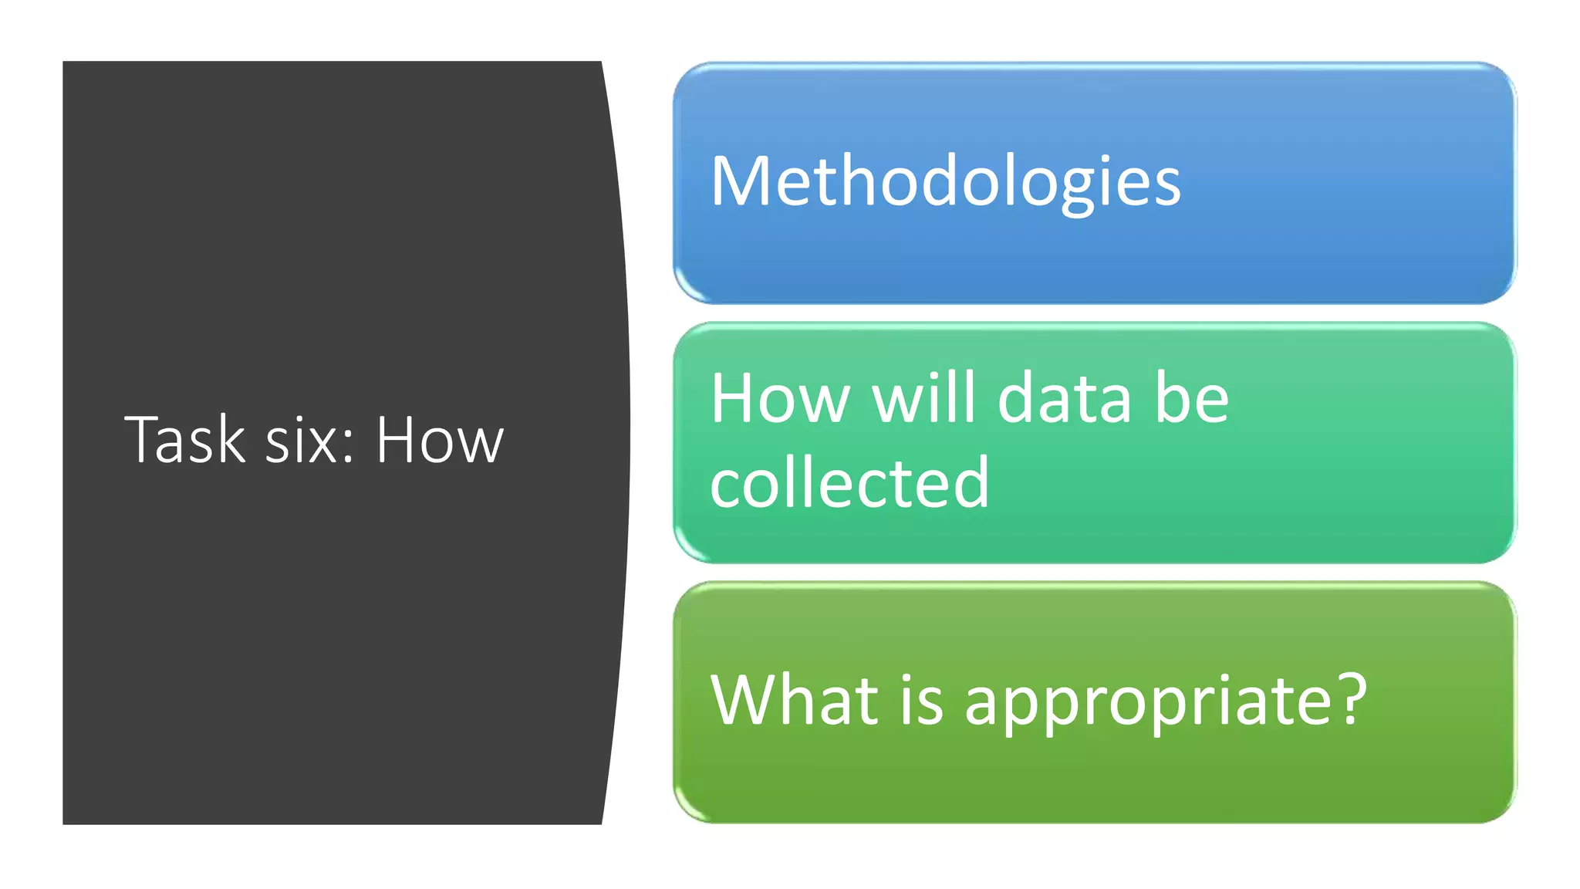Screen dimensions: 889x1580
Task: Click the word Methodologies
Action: pyautogui.click(x=945, y=182)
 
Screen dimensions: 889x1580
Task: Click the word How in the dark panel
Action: pyautogui.click(x=440, y=440)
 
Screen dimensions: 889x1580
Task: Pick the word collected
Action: pyautogui.click(x=849, y=483)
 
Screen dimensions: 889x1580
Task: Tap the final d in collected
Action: pyautogui.click(x=971, y=483)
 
